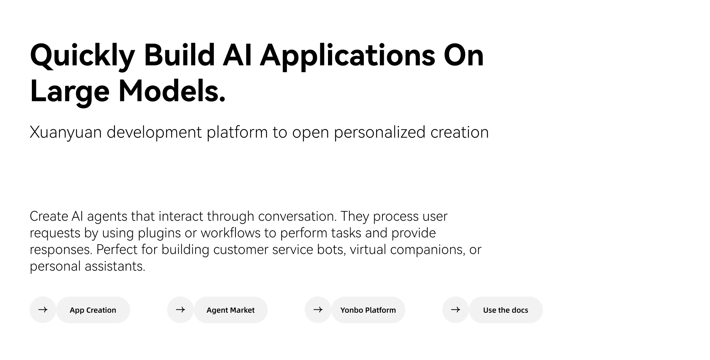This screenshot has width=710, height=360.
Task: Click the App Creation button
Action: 93,310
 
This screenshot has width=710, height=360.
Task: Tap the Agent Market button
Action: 230,310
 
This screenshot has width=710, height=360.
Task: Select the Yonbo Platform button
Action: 368,310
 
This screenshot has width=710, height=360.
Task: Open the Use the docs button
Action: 506,310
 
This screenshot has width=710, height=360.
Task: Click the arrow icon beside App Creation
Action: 43,310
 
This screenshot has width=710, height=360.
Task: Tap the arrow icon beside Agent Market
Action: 180,310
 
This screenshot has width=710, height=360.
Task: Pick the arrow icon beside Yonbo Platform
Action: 318,310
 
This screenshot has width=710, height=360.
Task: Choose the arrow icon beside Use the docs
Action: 456,310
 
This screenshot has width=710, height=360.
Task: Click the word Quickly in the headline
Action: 82,56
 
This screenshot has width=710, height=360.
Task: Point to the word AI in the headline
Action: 237,55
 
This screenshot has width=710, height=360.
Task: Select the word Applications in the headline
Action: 348,56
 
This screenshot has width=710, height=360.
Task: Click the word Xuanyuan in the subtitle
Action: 66,133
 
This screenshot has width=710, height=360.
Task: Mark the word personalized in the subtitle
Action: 380,133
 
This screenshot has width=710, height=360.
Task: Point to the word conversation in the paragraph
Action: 297,216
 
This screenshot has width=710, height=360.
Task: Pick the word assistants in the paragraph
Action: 115,266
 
